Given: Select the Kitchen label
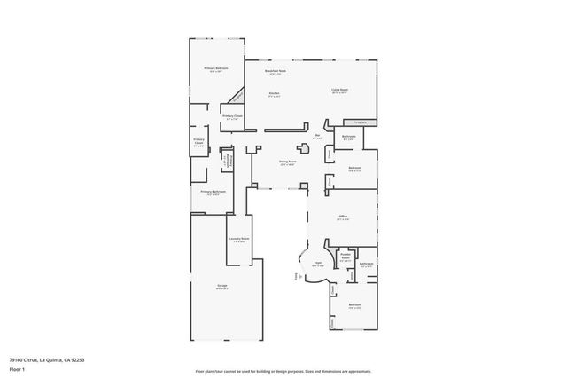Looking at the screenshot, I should pyautogui.click(x=275, y=93).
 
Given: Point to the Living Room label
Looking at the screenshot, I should pyautogui.click(x=338, y=91).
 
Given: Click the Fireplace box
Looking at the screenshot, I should pyautogui.click(x=361, y=122).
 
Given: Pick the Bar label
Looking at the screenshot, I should pyautogui.click(x=316, y=136).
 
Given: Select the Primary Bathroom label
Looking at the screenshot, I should pyautogui.click(x=212, y=192).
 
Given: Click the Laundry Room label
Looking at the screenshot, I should pyautogui.click(x=239, y=240).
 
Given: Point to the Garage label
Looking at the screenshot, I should pyautogui.click(x=222, y=286).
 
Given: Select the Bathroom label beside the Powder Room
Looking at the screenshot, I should pyautogui.click(x=366, y=264).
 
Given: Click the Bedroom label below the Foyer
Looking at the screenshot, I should pyautogui.click(x=354, y=306).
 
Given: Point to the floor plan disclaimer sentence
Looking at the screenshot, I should pyautogui.click(x=283, y=371).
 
